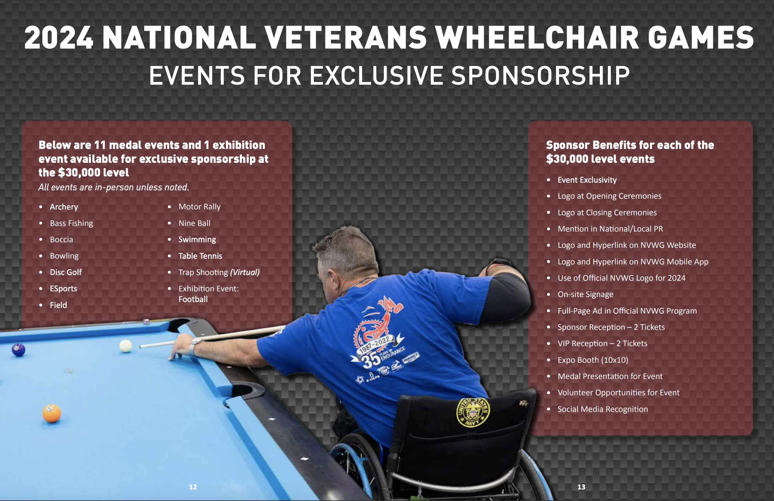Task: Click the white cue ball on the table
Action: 126,346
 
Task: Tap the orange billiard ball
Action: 52,413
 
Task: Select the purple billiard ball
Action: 19,349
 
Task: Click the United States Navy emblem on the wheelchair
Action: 473,412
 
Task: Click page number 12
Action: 193,487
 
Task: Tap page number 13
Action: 581,487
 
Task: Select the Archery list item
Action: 64,207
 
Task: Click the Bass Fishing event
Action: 72,223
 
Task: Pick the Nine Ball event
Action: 195,223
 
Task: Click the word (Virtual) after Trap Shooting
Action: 245,272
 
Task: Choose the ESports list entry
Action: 63,289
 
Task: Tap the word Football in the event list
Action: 193,299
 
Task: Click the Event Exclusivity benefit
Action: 587,180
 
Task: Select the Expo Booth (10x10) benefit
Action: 593,360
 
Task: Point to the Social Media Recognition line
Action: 603,409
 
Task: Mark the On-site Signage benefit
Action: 585,294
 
